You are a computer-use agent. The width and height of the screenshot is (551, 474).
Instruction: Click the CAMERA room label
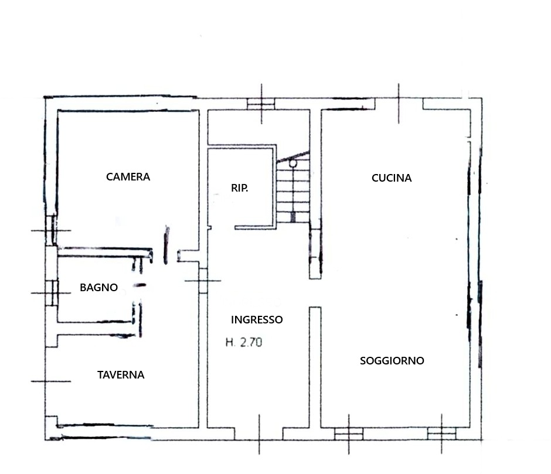point(128,176)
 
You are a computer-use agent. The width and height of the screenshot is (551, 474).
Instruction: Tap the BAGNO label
point(98,288)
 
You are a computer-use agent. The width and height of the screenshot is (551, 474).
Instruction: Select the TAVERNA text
point(121,375)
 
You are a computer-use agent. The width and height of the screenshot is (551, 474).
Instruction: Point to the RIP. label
point(239,188)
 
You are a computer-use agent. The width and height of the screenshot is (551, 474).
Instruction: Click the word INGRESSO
point(257,320)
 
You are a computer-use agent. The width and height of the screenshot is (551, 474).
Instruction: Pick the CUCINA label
point(392,178)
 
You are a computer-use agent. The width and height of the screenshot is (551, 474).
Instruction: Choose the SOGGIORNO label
point(392,360)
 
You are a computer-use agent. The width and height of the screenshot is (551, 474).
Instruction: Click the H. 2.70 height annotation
point(244,342)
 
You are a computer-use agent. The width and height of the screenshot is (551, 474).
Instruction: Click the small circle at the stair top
point(292,163)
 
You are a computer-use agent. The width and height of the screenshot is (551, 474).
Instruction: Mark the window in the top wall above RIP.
point(261,104)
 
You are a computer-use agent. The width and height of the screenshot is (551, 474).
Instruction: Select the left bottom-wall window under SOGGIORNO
point(349,434)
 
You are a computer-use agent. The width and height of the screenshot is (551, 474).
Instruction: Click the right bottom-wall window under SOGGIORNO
point(442,434)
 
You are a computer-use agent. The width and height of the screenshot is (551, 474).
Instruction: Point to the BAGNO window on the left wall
point(52,293)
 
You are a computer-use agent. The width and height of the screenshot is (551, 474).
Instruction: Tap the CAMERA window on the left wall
point(52,230)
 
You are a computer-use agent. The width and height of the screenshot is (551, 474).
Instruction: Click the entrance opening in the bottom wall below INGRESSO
point(259,434)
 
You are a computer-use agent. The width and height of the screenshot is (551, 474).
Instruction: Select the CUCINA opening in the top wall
point(399,104)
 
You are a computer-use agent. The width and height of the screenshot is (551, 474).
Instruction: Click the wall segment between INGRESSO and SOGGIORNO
point(315,367)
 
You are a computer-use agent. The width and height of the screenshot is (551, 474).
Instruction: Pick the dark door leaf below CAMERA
point(166,245)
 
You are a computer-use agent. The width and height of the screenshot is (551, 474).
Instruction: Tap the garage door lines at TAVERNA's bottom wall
point(104,432)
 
